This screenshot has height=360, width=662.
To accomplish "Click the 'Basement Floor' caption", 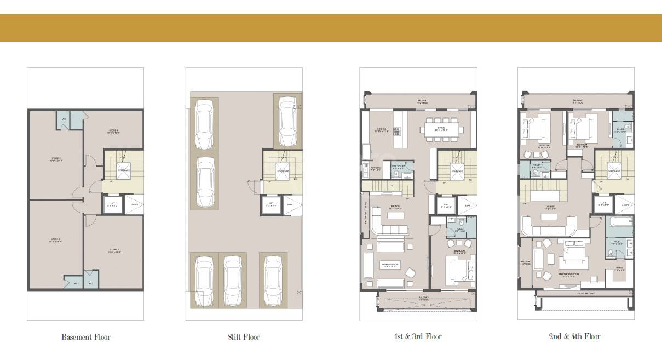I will pos(85,336).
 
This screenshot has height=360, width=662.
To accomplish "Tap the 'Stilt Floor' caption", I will pos(243,336).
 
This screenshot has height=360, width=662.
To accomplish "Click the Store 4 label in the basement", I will pos(113,132).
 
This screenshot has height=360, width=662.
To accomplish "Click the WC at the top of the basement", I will pos(64,121).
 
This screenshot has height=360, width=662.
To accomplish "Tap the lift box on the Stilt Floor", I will pos(270,205).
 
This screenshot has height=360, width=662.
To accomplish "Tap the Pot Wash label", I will pos(376,169).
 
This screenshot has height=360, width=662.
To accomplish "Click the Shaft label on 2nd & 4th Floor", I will pos(625,206).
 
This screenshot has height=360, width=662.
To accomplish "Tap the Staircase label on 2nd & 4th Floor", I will pos(614,171).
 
